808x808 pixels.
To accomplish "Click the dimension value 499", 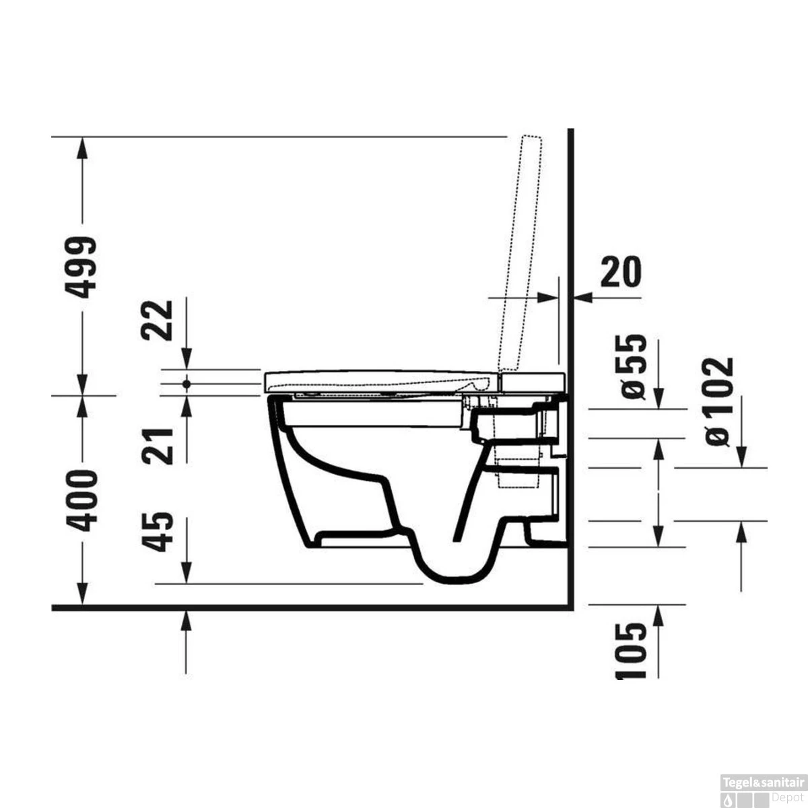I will click(x=83, y=267).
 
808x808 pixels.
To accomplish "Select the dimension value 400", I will click(x=85, y=500).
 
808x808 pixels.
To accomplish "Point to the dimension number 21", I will click(x=160, y=445).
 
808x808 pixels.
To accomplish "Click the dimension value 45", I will click(x=160, y=532).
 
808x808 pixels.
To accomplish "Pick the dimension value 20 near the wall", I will click(x=620, y=271).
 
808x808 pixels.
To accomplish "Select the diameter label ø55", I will click(x=634, y=367).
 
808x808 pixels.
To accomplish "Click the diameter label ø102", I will click(x=718, y=401).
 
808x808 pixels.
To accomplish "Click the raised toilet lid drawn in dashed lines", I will click(x=523, y=256).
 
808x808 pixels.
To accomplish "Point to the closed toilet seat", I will click(x=377, y=381).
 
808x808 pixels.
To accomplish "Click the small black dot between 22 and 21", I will click(x=187, y=384).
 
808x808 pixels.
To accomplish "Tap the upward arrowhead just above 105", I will click(x=660, y=614).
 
